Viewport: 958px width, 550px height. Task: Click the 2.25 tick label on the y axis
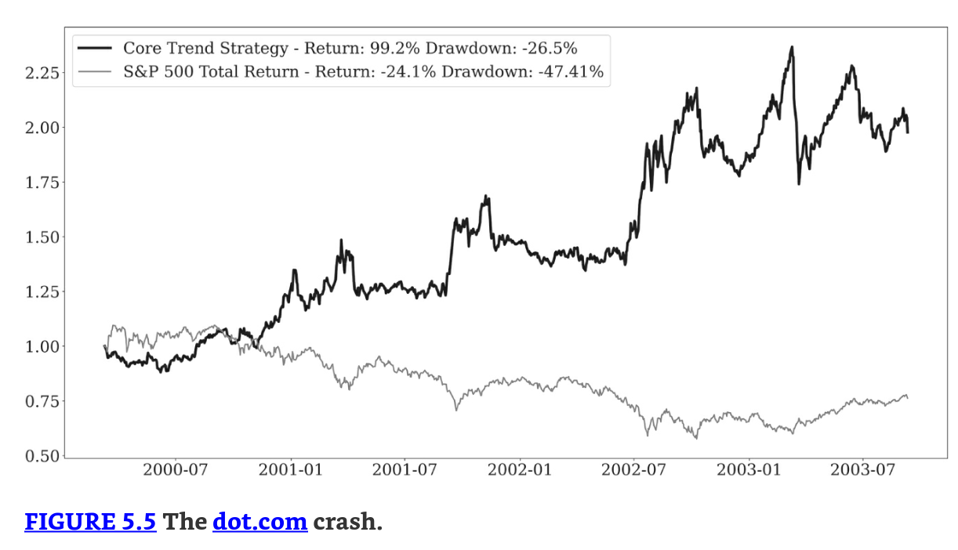[38, 74]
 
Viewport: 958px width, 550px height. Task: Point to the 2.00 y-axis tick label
[38, 128]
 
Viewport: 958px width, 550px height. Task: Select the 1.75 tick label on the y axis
[38, 183]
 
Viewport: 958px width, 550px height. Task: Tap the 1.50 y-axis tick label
[38, 237]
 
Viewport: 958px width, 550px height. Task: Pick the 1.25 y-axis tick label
[38, 292]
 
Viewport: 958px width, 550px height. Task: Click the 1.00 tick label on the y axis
[38, 346]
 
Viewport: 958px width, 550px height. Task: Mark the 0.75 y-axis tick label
[38, 401]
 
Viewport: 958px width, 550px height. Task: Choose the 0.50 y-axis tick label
[38, 456]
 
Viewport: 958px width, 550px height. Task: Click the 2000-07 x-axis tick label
[175, 470]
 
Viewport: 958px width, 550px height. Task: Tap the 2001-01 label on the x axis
[290, 470]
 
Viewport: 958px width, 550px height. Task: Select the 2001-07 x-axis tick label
[404, 470]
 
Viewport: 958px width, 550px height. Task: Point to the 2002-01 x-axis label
[519, 470]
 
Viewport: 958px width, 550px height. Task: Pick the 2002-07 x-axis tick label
[633, 470]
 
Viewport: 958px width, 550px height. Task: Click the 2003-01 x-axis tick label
[749, 470]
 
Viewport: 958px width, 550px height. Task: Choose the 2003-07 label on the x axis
[862, 470]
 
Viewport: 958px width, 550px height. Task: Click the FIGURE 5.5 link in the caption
[90, 522]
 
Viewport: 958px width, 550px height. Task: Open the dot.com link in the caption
[259, 522]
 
